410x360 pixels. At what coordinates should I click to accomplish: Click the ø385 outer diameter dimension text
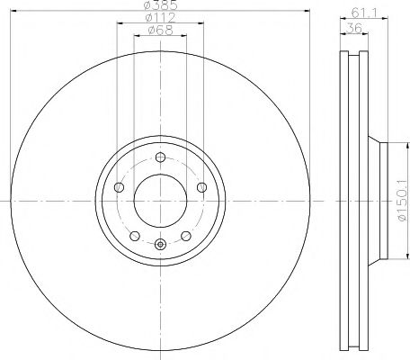point(160,8)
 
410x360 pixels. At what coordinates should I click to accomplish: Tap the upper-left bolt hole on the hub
point(120,188)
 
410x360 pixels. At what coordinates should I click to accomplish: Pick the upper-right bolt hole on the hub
point(201,188)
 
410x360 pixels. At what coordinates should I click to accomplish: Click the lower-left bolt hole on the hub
point(135,236)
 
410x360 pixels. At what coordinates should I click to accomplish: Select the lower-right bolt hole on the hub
point(185,236)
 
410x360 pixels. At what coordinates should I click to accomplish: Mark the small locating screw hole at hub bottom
point(160,244)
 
